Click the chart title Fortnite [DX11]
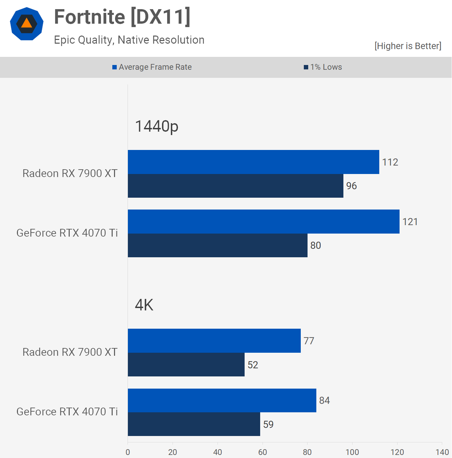coord(122,17)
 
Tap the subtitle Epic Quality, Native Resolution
coord(129,40)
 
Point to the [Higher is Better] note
coord(408,46)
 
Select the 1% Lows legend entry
coord(323,67)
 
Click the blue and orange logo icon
coord(27,24)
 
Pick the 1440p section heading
coord(157,126)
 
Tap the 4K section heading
coord(144,305)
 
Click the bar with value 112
coord(253,162)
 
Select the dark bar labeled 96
coord(235,186)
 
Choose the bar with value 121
coord(264,221)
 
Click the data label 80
coord(316,245)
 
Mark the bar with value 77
coord(214,341)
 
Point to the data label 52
coord(253,365)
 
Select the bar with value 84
coord(222,400)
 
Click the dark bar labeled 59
coord(194,424)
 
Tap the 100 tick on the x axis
coord(352,452)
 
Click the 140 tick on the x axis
coord(442,452)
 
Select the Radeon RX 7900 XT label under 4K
coord(70,352)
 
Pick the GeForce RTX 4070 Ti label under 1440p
coord(67,233)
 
